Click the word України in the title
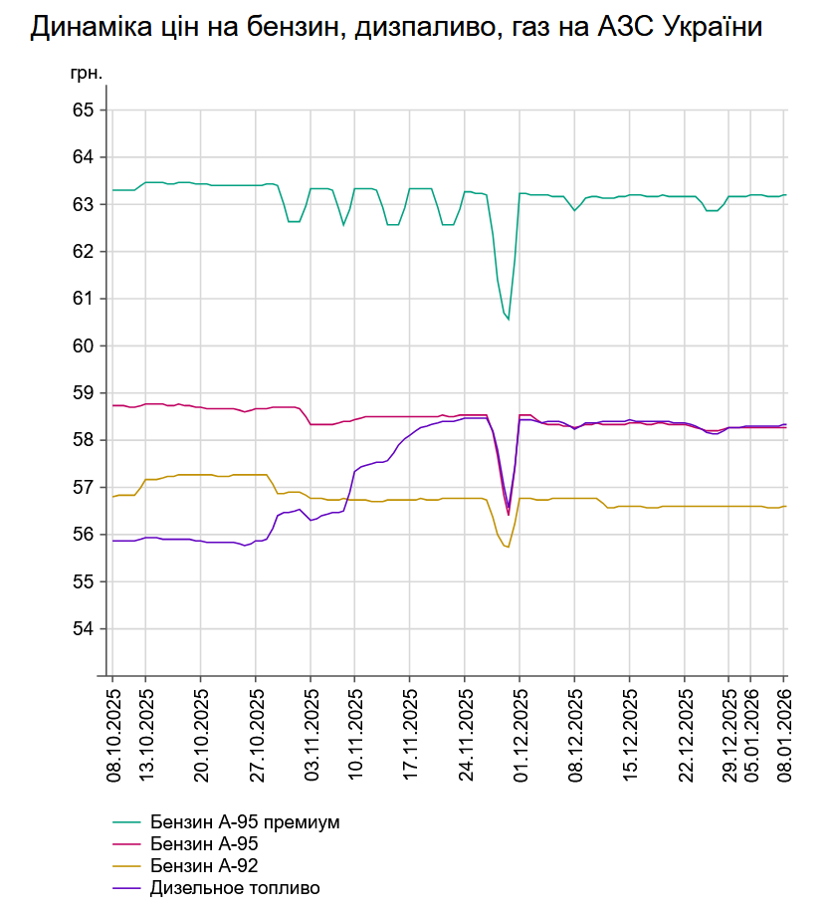(x=707, y=28)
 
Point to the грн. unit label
(x=86, y=73)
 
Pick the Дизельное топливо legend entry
(x=236, y=888)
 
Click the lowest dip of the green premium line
(x=508, y=320)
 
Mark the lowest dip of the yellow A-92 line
(x=508, y=547)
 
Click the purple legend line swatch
(x=128, y=888)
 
